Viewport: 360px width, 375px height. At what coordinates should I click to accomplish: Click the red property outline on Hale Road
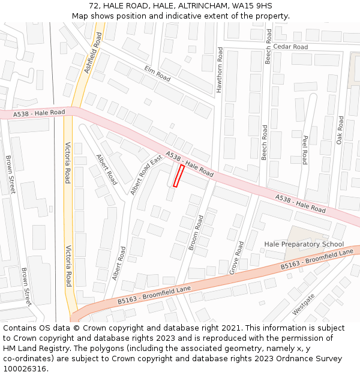[178, 176]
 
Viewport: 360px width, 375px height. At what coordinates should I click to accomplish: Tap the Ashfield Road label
[93, 53]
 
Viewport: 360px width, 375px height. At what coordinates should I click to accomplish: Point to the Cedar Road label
[290, 47]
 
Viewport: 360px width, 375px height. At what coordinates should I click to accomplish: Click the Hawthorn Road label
[220, 70]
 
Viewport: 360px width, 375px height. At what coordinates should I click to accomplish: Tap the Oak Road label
[340, 130]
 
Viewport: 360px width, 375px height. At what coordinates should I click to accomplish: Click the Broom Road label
[196, 232]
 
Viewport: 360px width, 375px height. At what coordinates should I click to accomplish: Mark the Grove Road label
[237, 258]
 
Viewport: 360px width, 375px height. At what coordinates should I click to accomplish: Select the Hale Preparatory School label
[304, 244]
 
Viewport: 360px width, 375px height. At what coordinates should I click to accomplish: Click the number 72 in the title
[95, 5]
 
